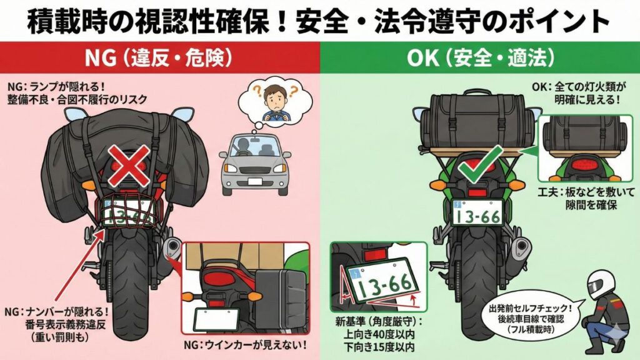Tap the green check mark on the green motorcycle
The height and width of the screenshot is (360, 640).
coord(474,163)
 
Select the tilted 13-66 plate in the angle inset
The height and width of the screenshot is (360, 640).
coord(382,282)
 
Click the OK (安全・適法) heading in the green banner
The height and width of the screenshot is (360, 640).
coord(480,59)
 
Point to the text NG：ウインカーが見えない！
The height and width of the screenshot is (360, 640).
coord(243,344)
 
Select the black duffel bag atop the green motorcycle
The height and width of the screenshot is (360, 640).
coord(476,119)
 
